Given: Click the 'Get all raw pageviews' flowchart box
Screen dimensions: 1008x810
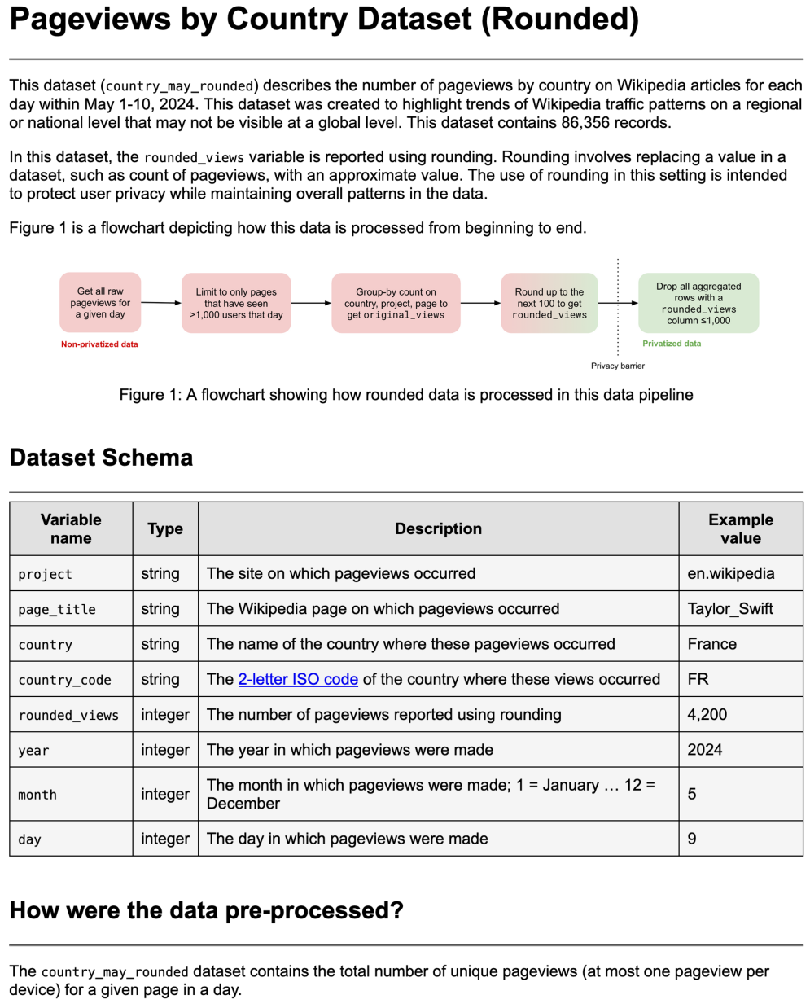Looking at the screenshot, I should pyautogui.click(x=100, y=303).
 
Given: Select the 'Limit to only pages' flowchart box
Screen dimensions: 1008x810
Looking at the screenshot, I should pyautogui.click(x=236, y=303).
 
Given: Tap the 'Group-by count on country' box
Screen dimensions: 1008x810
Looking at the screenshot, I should pyautogui.click(x=396, y=303).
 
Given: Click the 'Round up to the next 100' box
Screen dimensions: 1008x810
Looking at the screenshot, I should pyautogui.click(x=549, y=303).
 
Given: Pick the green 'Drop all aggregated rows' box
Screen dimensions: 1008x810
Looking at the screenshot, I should pyautogui.click(x=698, y=303).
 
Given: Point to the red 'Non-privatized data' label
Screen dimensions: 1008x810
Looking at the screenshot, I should pyautogui.click(x=99, y=344).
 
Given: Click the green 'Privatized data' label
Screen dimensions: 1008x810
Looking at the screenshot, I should pyautogui.click(x=672, y=344).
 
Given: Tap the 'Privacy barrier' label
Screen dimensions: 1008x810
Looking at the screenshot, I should pyautogui.click(x=617, y=366).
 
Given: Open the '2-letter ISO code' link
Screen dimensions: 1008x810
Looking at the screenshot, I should pyautogui.click(x=298, y=679).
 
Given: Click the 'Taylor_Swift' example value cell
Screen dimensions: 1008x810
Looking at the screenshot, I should pyautogui.click(x=730, y=609).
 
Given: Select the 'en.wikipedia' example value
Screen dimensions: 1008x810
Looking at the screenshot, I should pyautogui.click(x=731, y=573).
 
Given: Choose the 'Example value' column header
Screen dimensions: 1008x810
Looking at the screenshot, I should pyautogui.click(x=740, y=529).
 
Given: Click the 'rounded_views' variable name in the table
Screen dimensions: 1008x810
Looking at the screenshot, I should pyautogui.click(x=68, y=716).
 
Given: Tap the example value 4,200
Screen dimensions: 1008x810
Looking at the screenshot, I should pyautogui.click(x=707, y=715).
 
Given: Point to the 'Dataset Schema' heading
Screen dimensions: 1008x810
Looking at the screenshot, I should pyautogui.click(x=101, y=458).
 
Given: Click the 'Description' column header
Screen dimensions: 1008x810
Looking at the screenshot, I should pyautogui.click(x=438, y=529).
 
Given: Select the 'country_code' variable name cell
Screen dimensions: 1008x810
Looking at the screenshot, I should pyautogui.click(x=64, y=680).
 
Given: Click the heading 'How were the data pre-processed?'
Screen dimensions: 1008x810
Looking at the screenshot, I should pyautogui.click(x=206, y=910).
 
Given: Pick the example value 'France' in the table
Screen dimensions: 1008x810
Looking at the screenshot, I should pyautogui.click(x=711, y=644).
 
